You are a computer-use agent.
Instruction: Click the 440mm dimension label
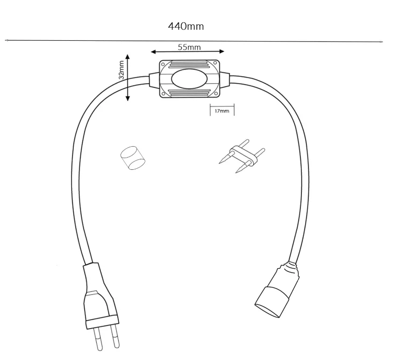[x=186, y=26]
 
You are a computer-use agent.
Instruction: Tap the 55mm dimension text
[x=189, y=47]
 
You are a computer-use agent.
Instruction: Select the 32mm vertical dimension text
[x=121, y=70]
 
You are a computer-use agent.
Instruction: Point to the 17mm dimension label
[x=222, y=111]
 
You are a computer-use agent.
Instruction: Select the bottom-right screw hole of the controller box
[x=215, y=94]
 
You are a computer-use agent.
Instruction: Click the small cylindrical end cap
[x=132, y=158]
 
